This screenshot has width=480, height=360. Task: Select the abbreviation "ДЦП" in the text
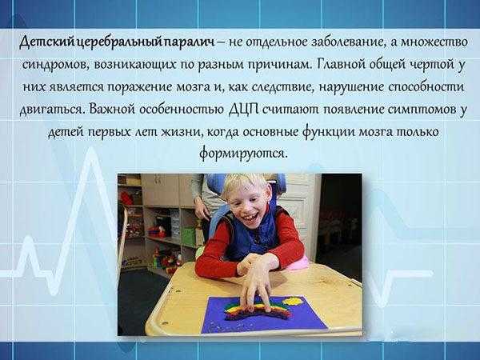244,110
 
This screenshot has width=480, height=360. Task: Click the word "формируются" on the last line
244,153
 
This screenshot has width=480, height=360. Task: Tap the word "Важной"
112,109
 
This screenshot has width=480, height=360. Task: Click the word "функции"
329,132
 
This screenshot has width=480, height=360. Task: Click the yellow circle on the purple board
294,302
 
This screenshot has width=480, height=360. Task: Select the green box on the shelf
188,236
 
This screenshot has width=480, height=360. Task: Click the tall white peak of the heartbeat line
90,150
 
